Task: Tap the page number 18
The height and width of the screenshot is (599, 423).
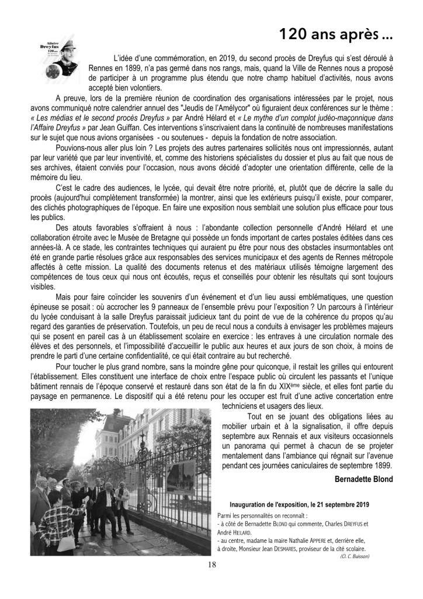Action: [x=211, y=565]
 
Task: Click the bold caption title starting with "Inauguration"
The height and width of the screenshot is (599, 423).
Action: [x=300, y=504]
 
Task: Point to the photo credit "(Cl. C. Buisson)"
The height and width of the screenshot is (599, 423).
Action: [x=353, y=556]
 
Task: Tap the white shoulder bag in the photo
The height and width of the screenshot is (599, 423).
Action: [x=65, y=542]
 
